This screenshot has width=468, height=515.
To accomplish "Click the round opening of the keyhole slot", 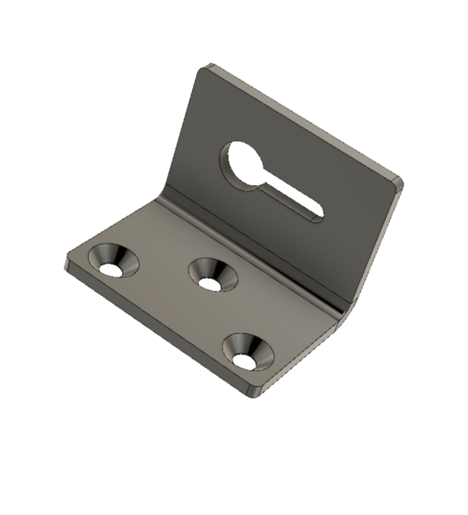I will coord(244,162).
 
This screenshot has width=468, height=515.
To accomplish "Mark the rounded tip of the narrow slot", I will coord(317,214).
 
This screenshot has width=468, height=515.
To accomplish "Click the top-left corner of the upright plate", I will coord(204,68).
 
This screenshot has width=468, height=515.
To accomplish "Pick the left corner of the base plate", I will coord(69,264).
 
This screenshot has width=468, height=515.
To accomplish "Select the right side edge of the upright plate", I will coord(374,247).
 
